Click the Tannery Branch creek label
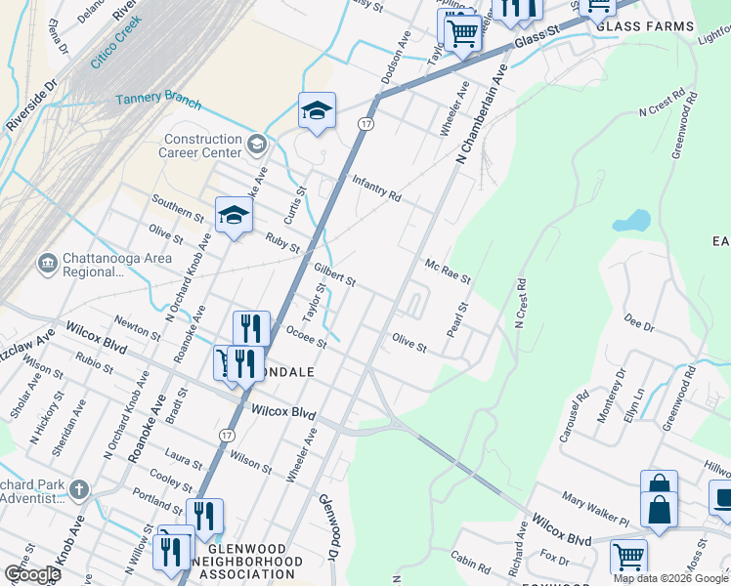(158, 101)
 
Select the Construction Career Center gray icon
(256, 146)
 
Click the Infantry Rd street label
(376, 189)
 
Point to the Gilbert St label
(334, 274)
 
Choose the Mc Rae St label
(448, 272)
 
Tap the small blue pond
(632, 221)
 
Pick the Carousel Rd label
(573, 418)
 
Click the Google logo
(32, 574)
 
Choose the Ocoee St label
(305, 336)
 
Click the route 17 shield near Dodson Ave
(365, 124)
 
